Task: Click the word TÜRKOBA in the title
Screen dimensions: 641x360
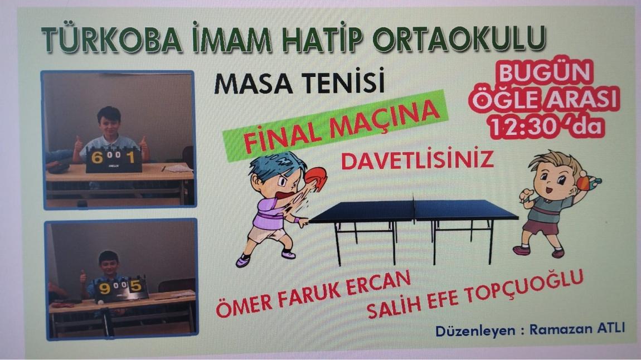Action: [111, 40]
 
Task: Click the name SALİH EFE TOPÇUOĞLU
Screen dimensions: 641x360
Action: [475, 294]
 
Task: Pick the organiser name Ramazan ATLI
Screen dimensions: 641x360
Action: [577, 328]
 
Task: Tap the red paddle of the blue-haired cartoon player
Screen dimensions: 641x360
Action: [315, 178]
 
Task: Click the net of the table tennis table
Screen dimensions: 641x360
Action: [414, 208]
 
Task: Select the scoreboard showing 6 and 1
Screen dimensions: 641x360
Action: [114, 159]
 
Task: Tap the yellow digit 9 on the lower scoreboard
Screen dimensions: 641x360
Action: [105, 289]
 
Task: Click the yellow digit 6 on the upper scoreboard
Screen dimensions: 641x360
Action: [96, 157]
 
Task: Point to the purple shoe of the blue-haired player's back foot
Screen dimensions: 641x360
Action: [243, 260]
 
